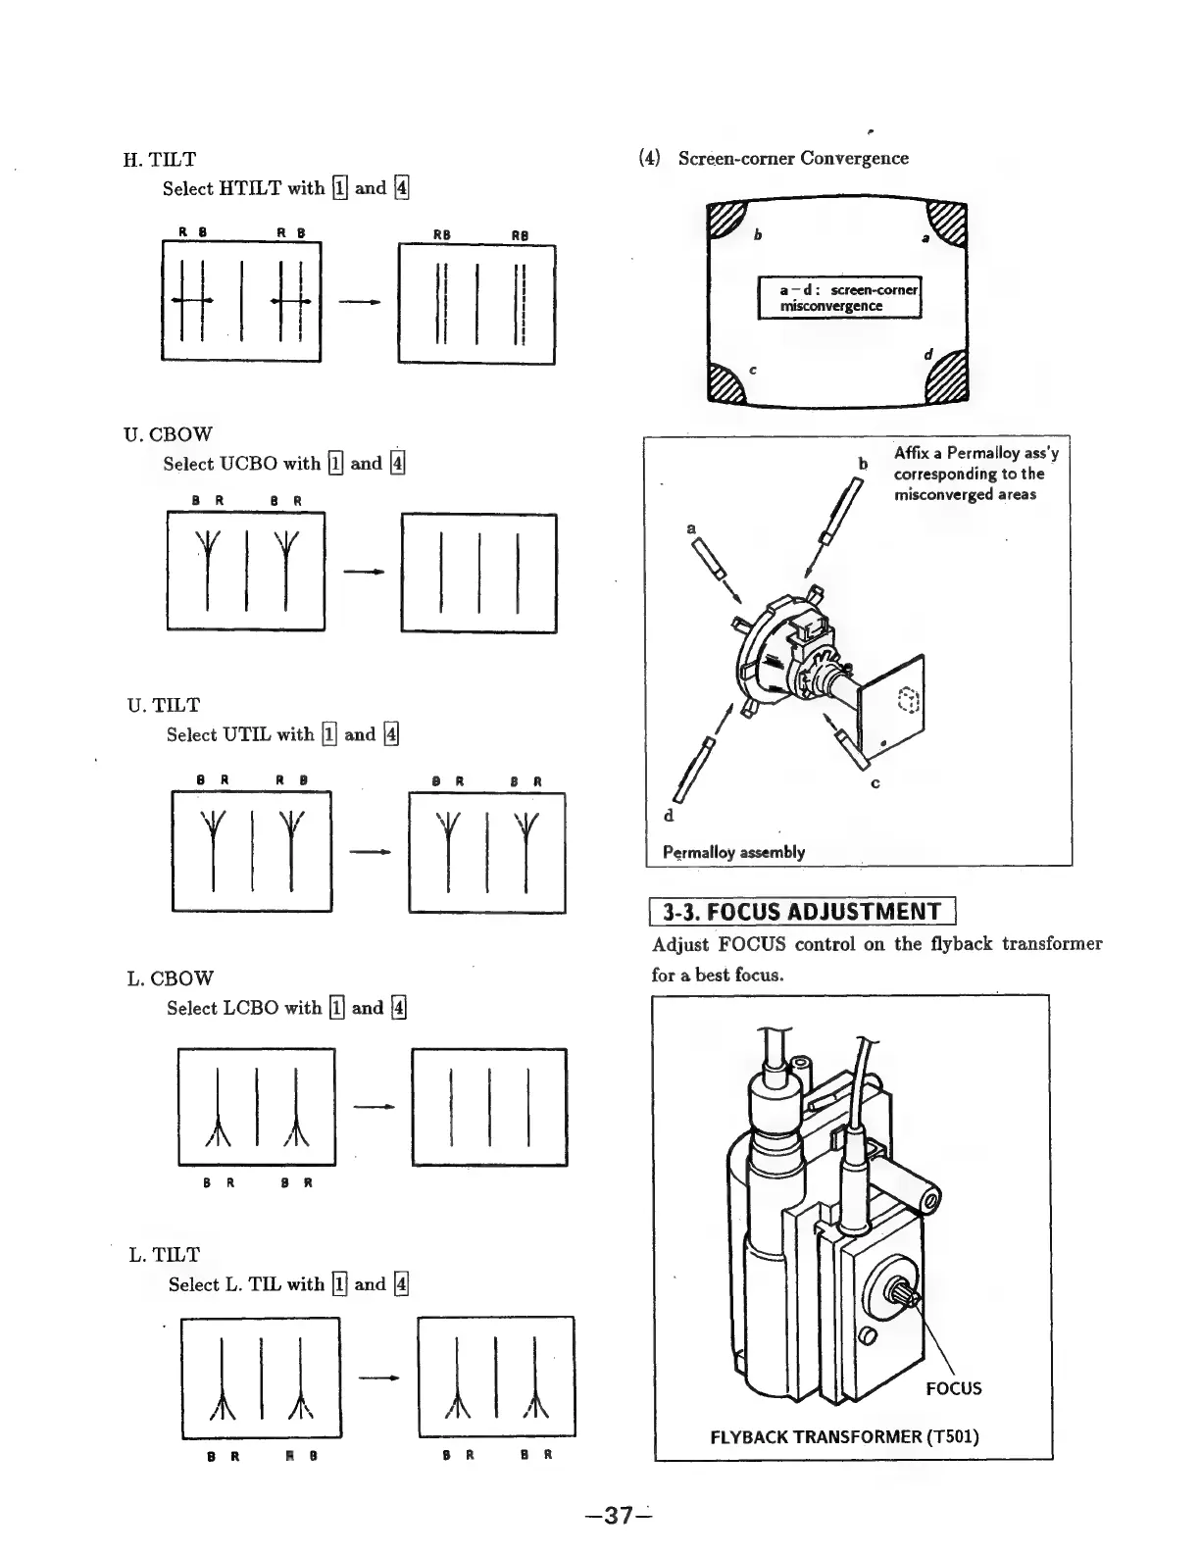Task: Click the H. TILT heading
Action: coord(159,159)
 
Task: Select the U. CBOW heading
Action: coord(168,434)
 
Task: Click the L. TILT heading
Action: coord(164,1255)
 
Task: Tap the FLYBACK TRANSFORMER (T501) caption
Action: coord(844,1437)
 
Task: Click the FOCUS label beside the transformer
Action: coord(953,1388)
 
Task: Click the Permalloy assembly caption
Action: coord(733,852)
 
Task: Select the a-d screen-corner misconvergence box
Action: coord(839,298)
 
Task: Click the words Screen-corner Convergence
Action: coord(792,159)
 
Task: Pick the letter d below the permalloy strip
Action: coord(669,816)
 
